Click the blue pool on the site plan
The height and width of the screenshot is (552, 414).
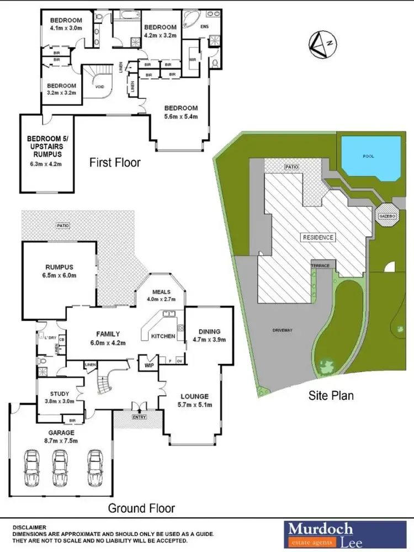click(x=370, y=158)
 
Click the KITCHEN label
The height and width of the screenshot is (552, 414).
click(x=163, y=336)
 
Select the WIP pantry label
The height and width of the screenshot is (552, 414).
click(x=148, y=365)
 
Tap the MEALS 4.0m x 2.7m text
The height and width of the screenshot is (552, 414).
click(x=160, y=296)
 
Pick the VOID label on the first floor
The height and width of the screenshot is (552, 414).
click(x=99, y=87)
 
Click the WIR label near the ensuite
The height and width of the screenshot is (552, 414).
click(x=193, y=60)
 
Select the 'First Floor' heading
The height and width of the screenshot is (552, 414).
click(x=115, y=162)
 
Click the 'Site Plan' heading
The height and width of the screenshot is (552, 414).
click(x=331, y=395)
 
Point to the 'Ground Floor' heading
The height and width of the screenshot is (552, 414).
click(x=141, y=508)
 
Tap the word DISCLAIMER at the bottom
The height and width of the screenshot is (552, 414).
click(x=29, y=527)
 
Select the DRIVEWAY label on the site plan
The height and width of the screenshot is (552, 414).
click(x=282, y=330)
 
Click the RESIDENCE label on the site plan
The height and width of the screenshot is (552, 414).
click(x=318, y=237)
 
